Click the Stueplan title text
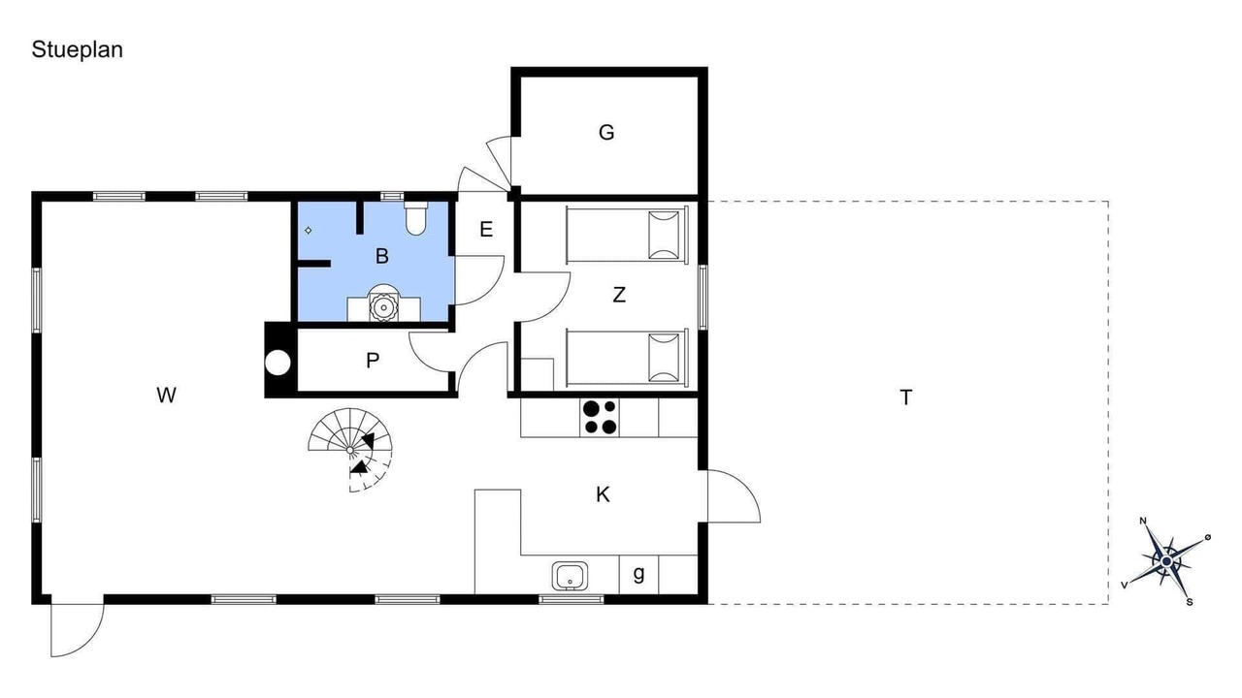pos(77,49)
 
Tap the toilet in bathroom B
pos(415,218)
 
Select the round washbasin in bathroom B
pos(383,305)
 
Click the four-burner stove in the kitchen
pos(600,417)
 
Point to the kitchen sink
pos(570,576)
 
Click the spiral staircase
pos(350,450)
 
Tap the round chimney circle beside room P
pos(278,363)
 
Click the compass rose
pos(1166,562)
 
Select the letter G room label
pos(606,133)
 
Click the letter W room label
pos(166,396)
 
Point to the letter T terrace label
pos(905,397)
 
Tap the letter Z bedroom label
pos(619,294)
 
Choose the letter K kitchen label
pos(603,494)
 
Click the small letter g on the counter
pos(638,574)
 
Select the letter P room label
pos(373,361)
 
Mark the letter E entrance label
pos(486,229)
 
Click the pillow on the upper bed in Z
pos(664,235)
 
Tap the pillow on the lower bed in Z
pos(664,358)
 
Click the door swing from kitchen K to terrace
pos(735,495)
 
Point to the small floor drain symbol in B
pos(309,231)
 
